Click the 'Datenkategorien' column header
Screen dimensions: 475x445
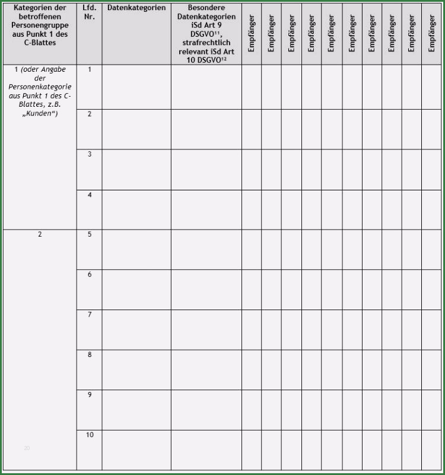pyautogui.click(x=136, y=8)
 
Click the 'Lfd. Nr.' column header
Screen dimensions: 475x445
pyautogui.click(x=90, y=12)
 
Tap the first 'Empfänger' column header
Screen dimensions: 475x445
pyautogui.click(x=252, y=33)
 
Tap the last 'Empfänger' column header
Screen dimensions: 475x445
pyautogui.click(x=432, y=33)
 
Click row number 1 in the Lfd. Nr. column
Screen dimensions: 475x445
pyautogui.click(x=90, y=70)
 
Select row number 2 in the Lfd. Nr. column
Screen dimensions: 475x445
pyautogui.click(x=90, y=114)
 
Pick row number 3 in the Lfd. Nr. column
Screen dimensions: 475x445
pyautogui.click(x=90, y=154)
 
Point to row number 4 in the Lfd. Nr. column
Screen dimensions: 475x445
pyautogui.click(x=90, y=195)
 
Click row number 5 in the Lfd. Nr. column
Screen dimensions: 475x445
pyautogui.click(x=90, y=234)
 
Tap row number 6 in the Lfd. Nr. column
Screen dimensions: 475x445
pyautogui.click(x=90, y=275)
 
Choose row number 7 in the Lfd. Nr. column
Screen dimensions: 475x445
pyautogui.click(x=90, y=314)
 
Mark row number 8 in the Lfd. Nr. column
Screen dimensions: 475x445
pyautogui.click(x=90, y=355)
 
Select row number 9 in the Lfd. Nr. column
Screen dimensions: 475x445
pyautogui.click(x=90, y=394)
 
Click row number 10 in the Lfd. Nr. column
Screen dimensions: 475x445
pyautogui.click(x=90, y=435)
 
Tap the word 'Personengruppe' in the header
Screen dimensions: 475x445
pyautogui.click(x=40, y=26)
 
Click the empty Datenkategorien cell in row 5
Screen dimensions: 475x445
pyautogui.click(x=136, y=249)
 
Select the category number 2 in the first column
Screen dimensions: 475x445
pyautogui.click(x=40, y=234)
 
